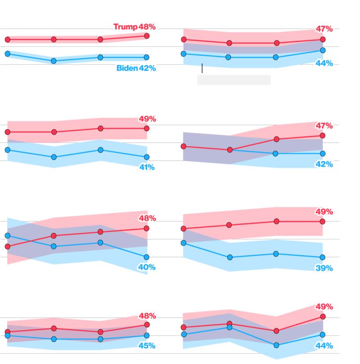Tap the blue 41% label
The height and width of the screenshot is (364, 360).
[147, 167]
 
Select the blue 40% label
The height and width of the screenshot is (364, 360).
[147, 267]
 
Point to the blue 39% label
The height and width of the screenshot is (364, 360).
[324, 268]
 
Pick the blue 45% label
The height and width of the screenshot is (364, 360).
[147, 346]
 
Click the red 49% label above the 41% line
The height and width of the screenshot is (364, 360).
[147, 119]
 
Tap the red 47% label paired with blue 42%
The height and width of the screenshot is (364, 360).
[324, 126]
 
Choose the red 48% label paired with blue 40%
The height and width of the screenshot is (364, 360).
[147, 218]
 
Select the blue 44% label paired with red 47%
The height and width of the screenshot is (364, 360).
[324, 63]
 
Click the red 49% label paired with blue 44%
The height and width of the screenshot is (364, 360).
[324, 307]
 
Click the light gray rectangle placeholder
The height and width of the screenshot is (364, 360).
[234, 80]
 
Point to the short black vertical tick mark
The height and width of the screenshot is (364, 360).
[202, 68]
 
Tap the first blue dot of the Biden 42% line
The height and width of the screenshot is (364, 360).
[7, 54]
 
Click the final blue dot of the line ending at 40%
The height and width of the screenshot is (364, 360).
[146, 257]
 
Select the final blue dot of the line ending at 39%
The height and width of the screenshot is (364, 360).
[323, 257]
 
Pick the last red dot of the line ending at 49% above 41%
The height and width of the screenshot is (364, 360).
[147, 128]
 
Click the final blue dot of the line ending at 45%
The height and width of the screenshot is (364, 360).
[147, 335]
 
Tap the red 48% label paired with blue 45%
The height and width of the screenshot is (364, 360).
[147, 316]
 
